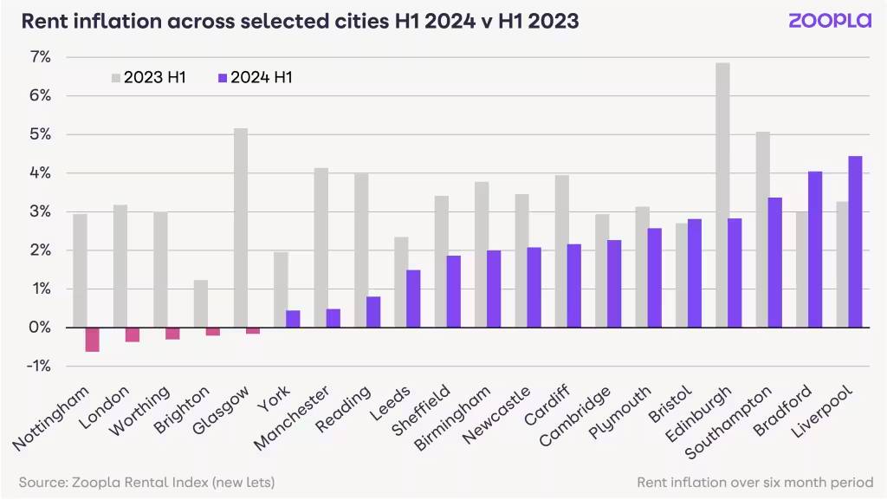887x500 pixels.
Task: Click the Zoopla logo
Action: click(x=829, y=21)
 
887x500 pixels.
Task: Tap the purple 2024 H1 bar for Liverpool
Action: click(x=855, y=242)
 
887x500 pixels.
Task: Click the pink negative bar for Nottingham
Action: click(x=93, y=340)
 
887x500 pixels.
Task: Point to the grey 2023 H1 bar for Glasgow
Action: click(x=241, y=228)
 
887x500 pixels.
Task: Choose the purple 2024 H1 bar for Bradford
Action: click(x=815, y=250)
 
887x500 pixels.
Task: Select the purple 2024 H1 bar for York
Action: click(x=293, y=319)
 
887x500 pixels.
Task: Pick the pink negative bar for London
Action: click(x=133, y=334)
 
